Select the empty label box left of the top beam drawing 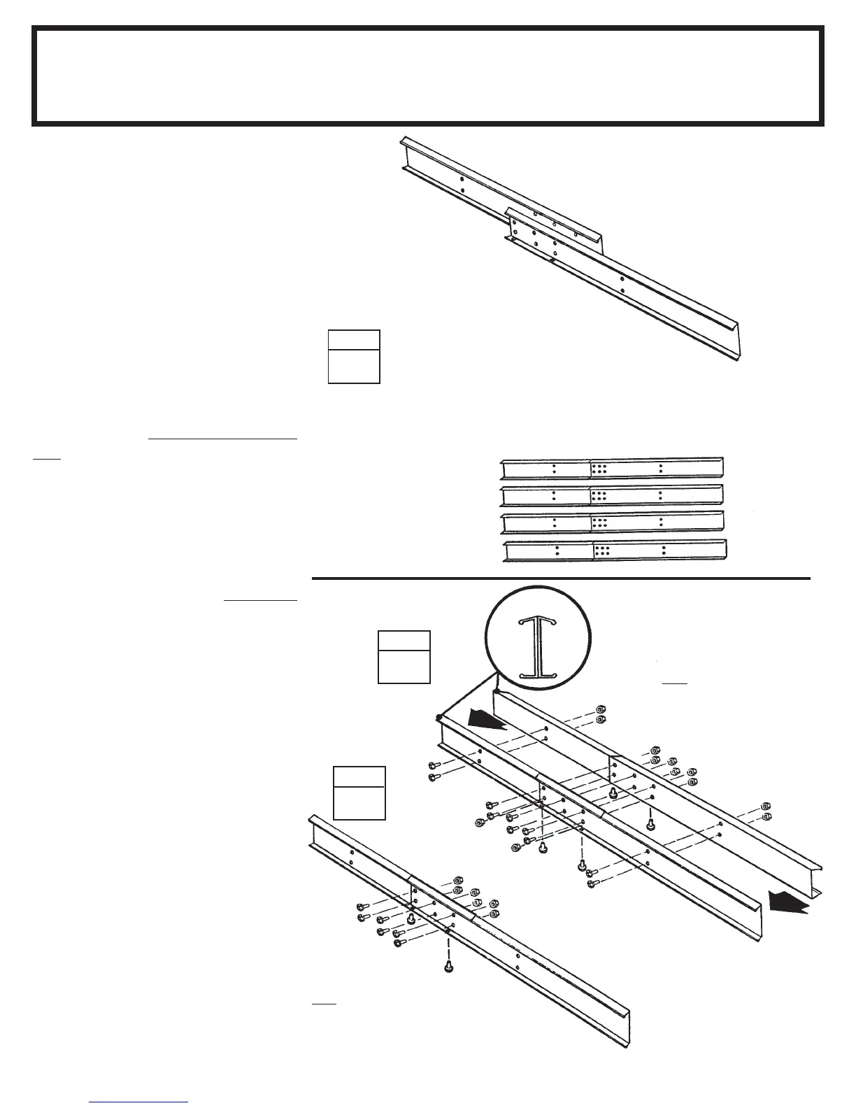coord(354,357)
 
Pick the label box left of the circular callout coord(404,657)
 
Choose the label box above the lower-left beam coord(359,793)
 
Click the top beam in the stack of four coord(613,468)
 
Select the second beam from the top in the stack coord(613,495)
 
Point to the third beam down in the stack coord(613,523)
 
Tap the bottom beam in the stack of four coord(615,551)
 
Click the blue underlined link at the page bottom coord(139,1101)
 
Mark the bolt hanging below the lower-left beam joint coord(448,968)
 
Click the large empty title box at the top coord(427,76)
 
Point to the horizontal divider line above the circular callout coord(560,579)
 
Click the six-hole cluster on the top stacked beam coord(599,468)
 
